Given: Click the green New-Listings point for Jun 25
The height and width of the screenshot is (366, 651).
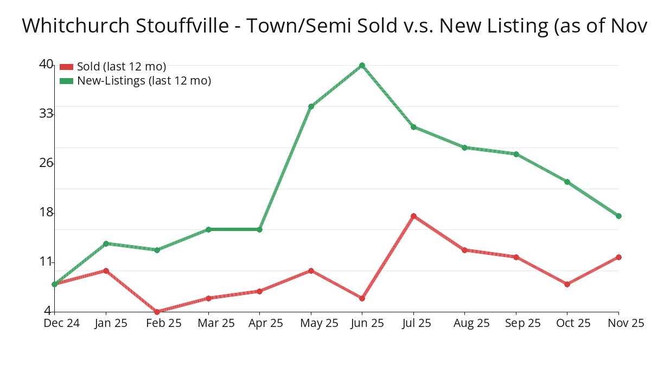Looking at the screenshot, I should click(x=362, y=66).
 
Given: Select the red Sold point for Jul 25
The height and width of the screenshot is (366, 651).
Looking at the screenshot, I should click(x=413, y=216).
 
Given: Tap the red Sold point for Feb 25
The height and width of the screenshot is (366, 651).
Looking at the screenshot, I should click(x=157, y=312).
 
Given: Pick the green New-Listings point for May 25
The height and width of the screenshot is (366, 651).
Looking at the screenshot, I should click(x=311, y=106).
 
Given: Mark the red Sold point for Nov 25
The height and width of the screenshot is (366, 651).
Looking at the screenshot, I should click(x=618, y=257).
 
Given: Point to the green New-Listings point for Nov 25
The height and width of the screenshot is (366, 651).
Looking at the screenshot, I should click(x=618, y=216).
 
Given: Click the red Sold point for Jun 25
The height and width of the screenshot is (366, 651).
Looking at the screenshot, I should click(x=362, y=298).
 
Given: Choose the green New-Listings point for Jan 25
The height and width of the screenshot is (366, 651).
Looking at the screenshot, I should click(x=106, y=243).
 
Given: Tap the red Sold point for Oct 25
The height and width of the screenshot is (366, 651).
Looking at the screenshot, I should click(x=567, y=284).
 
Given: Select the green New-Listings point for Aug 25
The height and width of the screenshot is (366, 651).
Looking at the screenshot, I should click(x=464, y=147).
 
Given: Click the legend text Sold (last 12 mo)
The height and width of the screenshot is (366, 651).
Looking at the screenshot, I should click(x=122, y=67).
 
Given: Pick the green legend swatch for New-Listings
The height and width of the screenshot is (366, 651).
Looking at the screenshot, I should click(x=66, y=81).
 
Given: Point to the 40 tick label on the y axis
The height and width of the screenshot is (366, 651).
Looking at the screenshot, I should click(x=46, y=64).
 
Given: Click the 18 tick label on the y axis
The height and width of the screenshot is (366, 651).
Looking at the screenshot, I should click(x=46, y=212).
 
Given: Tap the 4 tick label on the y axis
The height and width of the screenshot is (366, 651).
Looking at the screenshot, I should click(x=48, y=311).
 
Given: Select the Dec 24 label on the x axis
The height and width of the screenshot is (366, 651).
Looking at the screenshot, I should click(x=61, y=323).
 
